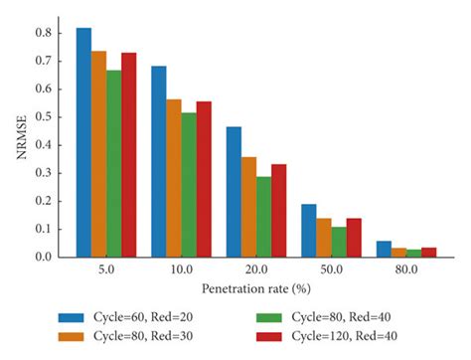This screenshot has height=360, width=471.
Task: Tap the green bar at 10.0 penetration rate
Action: tap(189, 185)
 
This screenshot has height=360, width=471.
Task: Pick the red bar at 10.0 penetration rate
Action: tap(204, 179)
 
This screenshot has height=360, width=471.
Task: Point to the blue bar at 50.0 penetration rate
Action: tap(308, 231)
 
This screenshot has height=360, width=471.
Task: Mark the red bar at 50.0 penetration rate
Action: tap(354, 238)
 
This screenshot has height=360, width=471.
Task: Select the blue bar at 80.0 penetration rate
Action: tap(384, 249)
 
